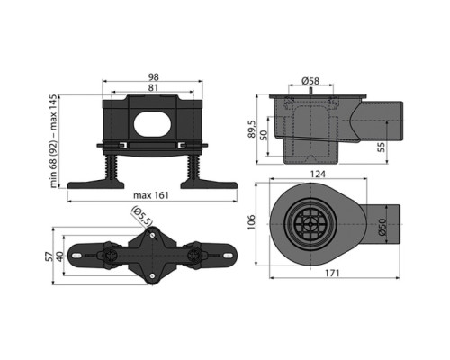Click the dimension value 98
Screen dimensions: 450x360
click(153, 77)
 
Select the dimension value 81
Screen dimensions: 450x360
click(153, 88)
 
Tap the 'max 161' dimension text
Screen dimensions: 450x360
click(151, 195)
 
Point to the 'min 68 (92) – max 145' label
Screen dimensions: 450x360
click(53, 141)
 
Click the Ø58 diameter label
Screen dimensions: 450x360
click(310, 81)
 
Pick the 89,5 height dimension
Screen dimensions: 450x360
click(252, 129)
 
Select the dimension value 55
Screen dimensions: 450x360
click(382, 147)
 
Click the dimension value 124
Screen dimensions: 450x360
click(318, 174)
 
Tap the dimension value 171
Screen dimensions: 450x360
click(332, 273)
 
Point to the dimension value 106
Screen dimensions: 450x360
click(251, 222)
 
